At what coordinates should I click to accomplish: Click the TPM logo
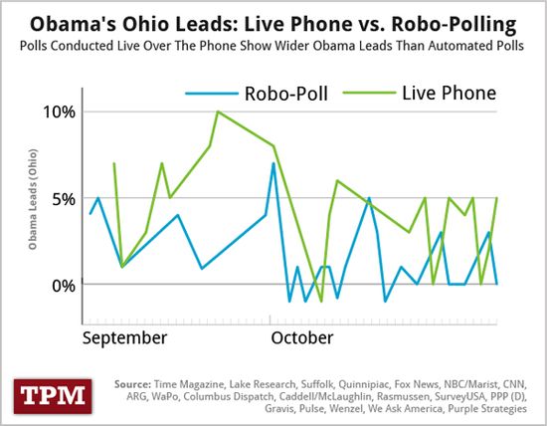51,393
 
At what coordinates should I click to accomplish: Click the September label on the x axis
124,337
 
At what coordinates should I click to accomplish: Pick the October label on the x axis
302,337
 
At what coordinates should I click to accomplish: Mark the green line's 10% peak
217,111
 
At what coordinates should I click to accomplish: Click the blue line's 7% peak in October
273,163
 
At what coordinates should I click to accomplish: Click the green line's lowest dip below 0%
321,301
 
